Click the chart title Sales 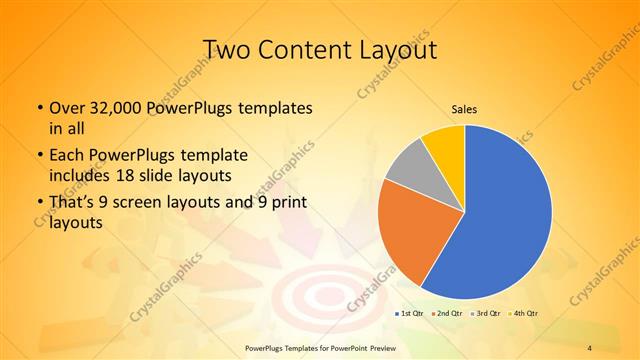tap(465, 110)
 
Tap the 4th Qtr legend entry tap(525, 314)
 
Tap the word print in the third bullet tap(286, 205)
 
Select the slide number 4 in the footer tap(590, 347)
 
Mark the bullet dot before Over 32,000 tap(39, 108)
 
